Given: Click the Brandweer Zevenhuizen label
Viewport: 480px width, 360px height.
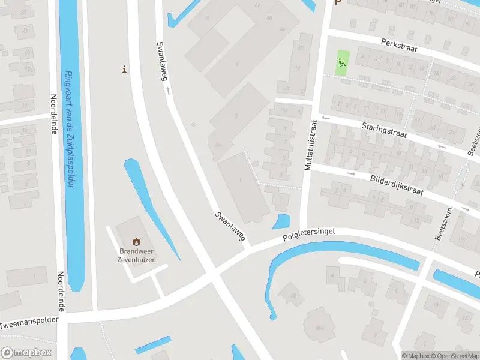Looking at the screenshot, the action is tap(137, 256).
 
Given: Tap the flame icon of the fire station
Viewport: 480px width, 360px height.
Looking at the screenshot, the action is tap(137, 241).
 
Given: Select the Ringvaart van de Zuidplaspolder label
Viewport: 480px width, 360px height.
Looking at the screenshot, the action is tap(69, 129).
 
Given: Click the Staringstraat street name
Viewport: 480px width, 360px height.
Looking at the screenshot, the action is tap(384, 131).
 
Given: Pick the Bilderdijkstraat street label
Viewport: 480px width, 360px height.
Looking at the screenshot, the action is tap(397, 185).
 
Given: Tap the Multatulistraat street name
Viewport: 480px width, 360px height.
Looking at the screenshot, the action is tap(310, 144).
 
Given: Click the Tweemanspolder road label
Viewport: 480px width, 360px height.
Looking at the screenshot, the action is tap(30, 323).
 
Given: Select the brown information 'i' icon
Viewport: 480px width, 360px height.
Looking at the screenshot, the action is tap(124, 69).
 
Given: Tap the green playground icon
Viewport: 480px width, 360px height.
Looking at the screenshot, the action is tap(341, 62).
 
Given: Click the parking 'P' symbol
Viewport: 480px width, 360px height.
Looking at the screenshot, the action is tap(338, 2).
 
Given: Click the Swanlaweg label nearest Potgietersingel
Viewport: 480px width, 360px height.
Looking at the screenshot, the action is tap(230, 227).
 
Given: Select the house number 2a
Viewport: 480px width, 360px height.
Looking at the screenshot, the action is tap(218, 145).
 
